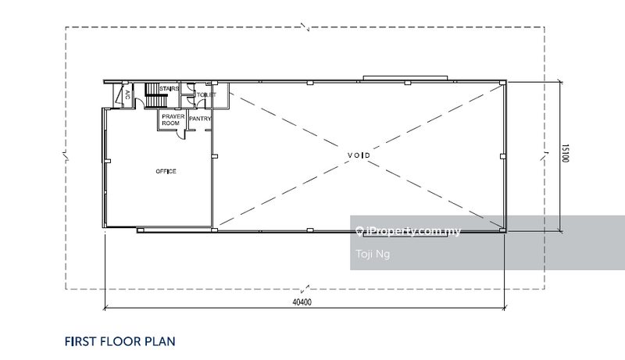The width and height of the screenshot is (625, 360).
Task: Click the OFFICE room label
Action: pyautogui.click(x=166, y=171)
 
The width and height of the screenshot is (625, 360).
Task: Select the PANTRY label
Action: pyautogui.click(x=200, y=119)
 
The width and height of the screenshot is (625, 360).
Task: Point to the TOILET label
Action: pyautogui.click(x=206, y=94)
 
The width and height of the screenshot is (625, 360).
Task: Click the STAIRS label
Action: pyautogui.click(x=169, y=88)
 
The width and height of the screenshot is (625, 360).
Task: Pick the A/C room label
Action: pyautogui.click(x=127, y=94)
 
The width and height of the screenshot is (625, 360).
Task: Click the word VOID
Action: pyautogui.click(x=359, y=155)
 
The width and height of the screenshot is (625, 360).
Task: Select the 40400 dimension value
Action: pyautogui.click(x=302, y=302)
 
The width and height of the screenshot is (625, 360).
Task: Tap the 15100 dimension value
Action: pyautogui.click(x=565, y=153)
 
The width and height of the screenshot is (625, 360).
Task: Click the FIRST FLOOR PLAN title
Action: pyautogui.click(x=120, y=342)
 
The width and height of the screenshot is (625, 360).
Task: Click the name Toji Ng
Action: pyautogui.click(x=373, y=254)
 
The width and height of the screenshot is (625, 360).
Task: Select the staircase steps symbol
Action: pyautogui.click(x=155, y=95)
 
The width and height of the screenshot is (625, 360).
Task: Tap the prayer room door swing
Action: pyautogui.click(x=182, y=134)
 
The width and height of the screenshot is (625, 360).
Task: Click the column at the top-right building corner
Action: pyautogui.click(x=503, y=83)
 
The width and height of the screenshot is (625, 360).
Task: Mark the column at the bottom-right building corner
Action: pyautogui.click(x=503, y=230)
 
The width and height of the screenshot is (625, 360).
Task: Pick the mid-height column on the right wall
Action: pyautogui.click(x=503, y=156)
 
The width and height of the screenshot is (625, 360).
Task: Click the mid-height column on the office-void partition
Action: pyautogui.click(x=214, y=156)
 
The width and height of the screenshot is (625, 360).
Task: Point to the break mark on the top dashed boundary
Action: pyautogui.click(x=305, y=27)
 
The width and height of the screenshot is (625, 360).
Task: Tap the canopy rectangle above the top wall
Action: pyautogui.click(x=405, y=78)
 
